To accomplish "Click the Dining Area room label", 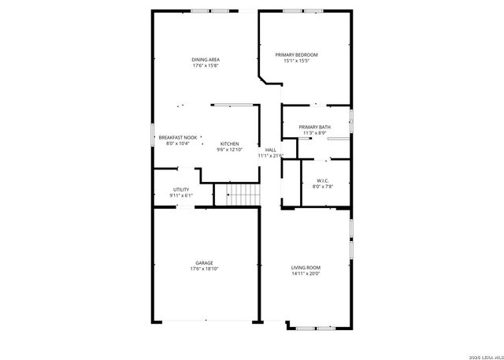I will pos(205,60).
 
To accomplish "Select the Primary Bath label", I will pos(314,127).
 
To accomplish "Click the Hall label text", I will pos(270,150).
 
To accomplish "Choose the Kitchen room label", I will pos(229,143).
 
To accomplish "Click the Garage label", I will pos(204,262).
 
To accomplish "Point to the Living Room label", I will pos(306,268).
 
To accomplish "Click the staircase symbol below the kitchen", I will pos(243,195).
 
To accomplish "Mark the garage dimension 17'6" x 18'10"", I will pos(204,269).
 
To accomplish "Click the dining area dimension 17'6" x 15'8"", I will pos(205,66).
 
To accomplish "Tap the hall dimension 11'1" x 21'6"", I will pos(270,156).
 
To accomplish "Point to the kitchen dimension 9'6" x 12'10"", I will pos(229,150).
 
